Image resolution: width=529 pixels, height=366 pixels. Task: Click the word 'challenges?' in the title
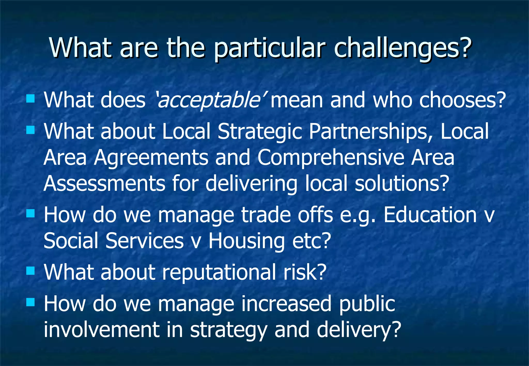point(402,48)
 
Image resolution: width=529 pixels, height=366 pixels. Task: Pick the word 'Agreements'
point(151,158)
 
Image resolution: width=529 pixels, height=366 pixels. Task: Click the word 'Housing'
point(246,241)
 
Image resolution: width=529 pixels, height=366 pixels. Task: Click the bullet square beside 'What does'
point(30,99)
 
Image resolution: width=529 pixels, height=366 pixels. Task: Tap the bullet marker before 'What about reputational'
point(30,271)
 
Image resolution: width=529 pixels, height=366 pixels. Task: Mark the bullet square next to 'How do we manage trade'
point(30,213)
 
